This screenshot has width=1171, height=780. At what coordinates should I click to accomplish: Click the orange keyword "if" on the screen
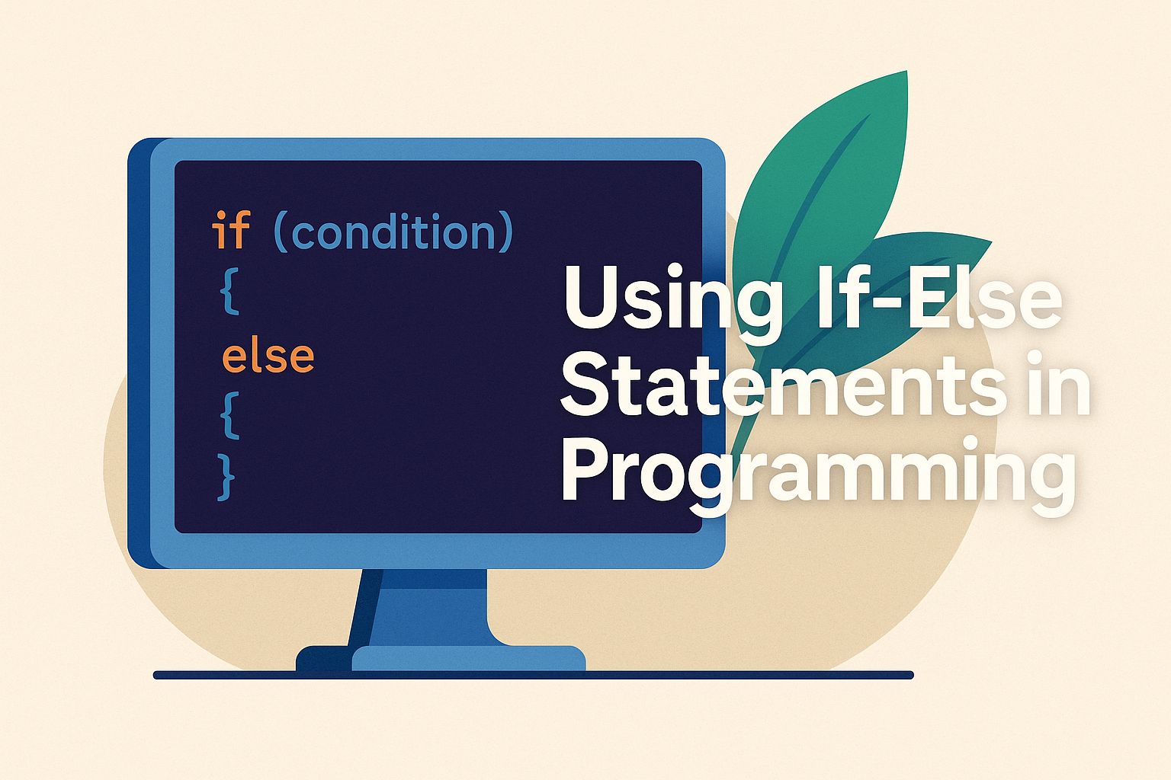[231, 230]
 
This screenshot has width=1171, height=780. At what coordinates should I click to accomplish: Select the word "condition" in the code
[393, 232]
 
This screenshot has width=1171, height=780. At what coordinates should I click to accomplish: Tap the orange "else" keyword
[268, 356]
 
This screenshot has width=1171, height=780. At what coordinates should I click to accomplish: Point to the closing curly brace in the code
[226, 478]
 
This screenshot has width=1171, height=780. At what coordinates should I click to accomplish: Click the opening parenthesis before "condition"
[281, 232]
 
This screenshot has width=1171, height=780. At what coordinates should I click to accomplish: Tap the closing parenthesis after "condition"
[504, 232]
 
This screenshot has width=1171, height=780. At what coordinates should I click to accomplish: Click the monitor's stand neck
[427, 609]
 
